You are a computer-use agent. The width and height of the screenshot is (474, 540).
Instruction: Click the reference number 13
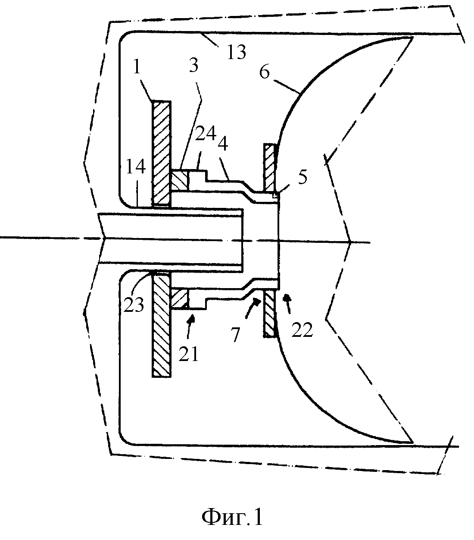pos(236,52)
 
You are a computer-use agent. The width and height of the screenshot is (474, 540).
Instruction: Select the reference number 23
pos(134,305)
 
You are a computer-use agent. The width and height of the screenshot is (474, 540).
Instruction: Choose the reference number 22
pos(302,330)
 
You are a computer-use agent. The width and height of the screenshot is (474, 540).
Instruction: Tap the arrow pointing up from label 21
pos(190,326)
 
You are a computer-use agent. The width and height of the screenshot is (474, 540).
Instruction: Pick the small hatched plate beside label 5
pos(269,168)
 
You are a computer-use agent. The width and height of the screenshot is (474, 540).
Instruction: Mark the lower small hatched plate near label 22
pos(270,314)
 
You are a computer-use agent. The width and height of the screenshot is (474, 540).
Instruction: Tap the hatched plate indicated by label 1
pos(161,153)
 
